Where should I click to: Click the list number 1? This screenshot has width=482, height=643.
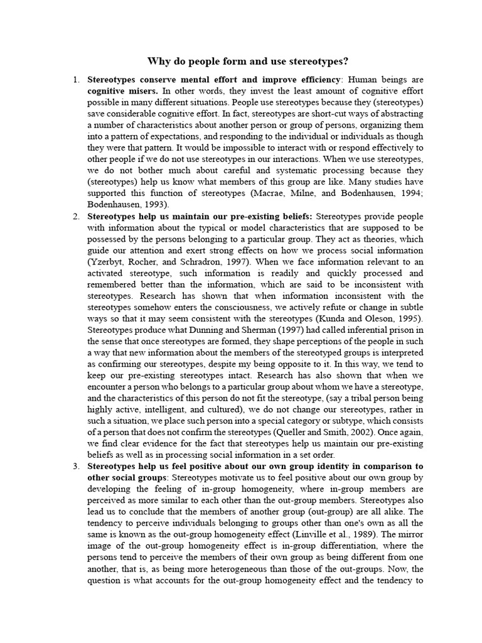76,80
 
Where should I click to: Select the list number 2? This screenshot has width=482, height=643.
76,217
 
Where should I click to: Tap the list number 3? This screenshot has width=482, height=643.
76,467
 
